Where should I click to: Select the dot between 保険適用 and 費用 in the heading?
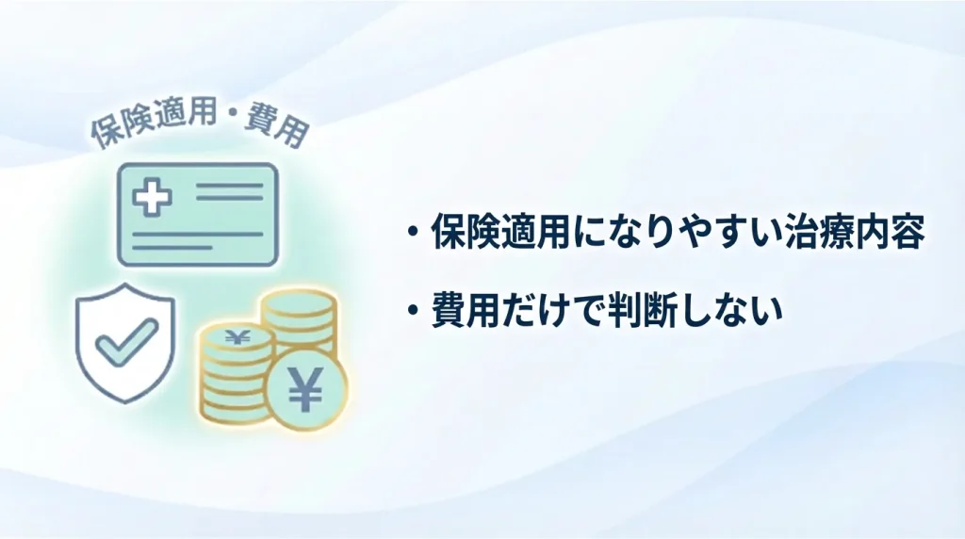(x=226, y=122)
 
